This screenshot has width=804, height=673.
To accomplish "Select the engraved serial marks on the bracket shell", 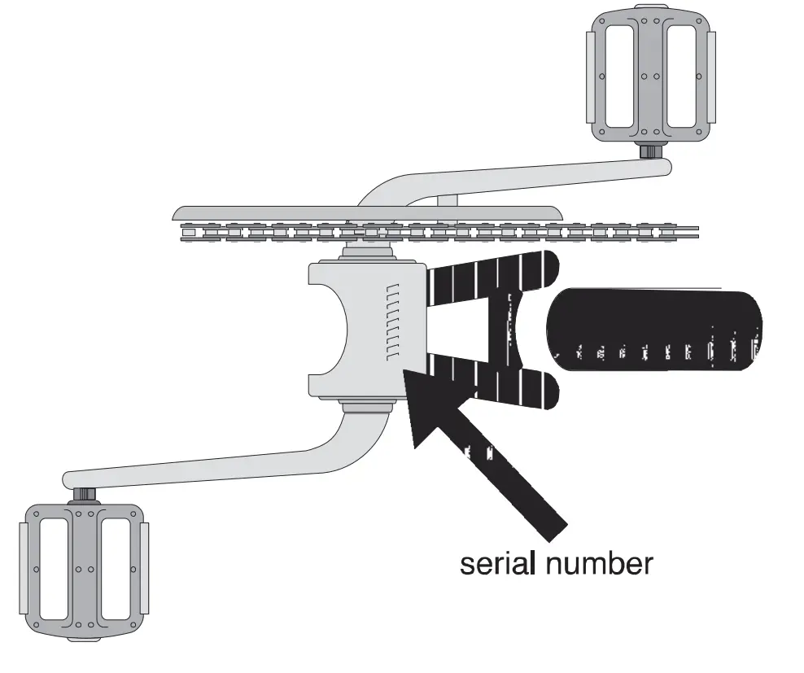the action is pos(393,322).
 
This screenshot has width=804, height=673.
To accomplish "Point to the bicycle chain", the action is pos(439,233).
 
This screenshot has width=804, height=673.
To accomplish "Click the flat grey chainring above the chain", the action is pos(366,212).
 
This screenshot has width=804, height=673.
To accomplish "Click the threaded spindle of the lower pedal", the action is pos(85,493).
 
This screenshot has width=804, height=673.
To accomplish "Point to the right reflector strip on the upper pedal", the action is pos(711,73).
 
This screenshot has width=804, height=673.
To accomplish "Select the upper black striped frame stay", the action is pos(488,277).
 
